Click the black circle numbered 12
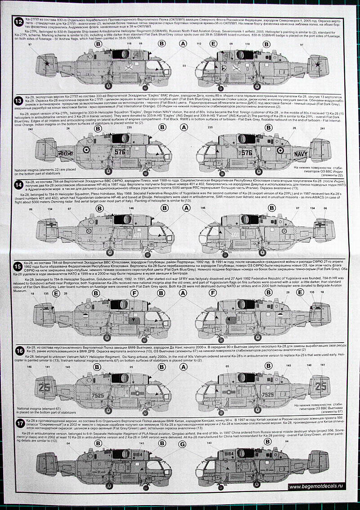(18, 21)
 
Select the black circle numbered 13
(18, 100)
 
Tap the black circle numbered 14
(18, 184)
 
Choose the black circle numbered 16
(18, 350)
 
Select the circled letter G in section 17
(182, 443)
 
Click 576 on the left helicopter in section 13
(120, 153)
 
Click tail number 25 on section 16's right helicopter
(320, 386)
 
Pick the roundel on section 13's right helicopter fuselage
(281, 151)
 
